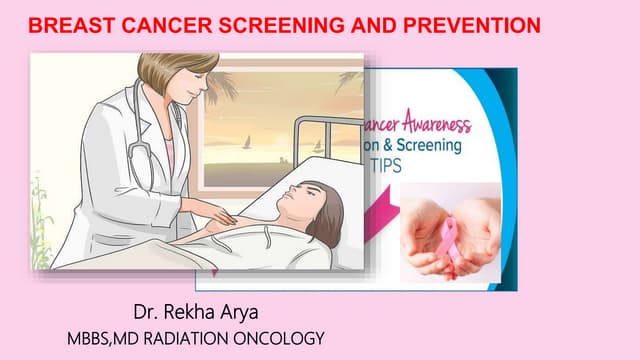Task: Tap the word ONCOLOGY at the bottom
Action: pos(282,339)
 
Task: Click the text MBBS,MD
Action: pos(97,339)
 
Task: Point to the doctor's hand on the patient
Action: pos(224,213)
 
